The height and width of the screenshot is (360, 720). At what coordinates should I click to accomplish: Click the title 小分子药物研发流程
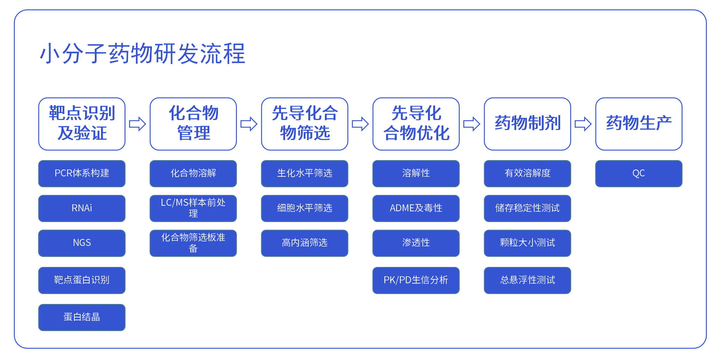point(143,54)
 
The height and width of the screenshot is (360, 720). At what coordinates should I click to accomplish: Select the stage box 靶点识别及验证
point(82,124)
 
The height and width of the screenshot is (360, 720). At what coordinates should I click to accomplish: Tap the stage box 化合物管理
point(193,124)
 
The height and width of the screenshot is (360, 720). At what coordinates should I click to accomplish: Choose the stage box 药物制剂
point(528,124)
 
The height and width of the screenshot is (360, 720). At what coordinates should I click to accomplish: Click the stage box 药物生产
point(639,124)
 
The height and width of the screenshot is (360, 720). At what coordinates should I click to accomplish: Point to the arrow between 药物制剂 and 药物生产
point(583,124)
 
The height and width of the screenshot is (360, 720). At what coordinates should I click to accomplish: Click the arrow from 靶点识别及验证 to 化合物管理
point(138,124)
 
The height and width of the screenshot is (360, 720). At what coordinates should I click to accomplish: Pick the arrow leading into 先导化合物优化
point(361,124)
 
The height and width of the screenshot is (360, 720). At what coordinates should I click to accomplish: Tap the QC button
point(639,174)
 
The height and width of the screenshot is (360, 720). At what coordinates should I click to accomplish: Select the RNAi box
point(82,208)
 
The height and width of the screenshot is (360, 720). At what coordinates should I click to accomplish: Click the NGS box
point(82,243)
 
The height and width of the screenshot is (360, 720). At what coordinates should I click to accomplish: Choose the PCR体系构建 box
point(82,174)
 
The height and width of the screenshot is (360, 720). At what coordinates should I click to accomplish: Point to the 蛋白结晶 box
point(82,317)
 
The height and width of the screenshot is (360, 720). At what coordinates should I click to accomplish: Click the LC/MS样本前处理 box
point(193,208)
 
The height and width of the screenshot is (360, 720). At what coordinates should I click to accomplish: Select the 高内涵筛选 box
point(305,243)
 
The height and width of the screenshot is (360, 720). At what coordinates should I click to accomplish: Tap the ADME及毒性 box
point(416,208)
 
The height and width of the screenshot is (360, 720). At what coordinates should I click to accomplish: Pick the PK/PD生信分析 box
point(416,280)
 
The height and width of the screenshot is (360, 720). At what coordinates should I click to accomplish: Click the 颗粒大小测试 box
point(528,243)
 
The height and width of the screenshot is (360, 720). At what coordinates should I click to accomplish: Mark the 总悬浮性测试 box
point(528,280)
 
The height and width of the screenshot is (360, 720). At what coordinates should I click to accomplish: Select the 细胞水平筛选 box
point(305,208)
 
